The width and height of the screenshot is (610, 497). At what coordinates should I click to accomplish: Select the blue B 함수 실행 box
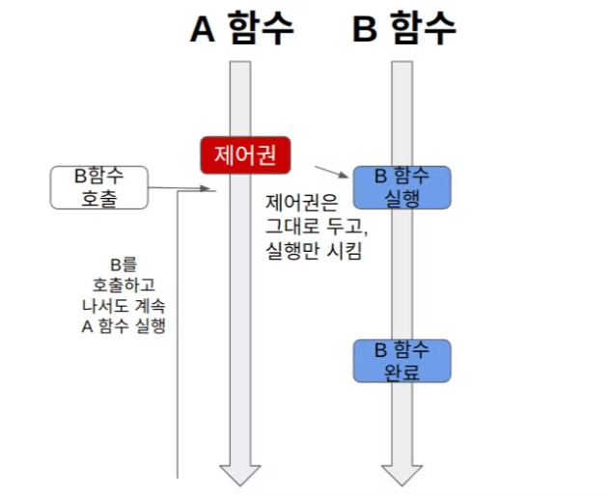coord(402,187)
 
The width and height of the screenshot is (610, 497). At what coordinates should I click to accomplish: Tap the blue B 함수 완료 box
coord(402,361)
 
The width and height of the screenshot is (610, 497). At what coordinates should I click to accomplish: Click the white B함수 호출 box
coord(98,187)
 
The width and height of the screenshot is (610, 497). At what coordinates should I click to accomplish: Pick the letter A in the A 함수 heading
coord(202,30)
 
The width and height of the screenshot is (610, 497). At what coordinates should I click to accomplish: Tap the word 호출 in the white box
coord(98,198)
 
